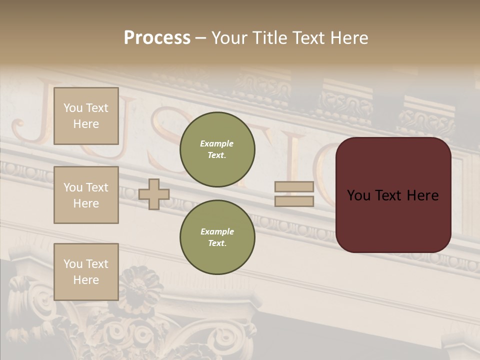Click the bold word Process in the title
[157, 38]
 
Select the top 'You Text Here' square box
[86, 116]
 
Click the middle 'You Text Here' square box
[86, 195]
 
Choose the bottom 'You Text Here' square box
[86, 271]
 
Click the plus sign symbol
[154, 194]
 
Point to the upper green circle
[217, 149]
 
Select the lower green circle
[217, 237]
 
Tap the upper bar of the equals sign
[294, 187]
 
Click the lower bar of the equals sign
[294, 201]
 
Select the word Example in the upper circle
[217, 143]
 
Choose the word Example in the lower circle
[217, 231]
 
